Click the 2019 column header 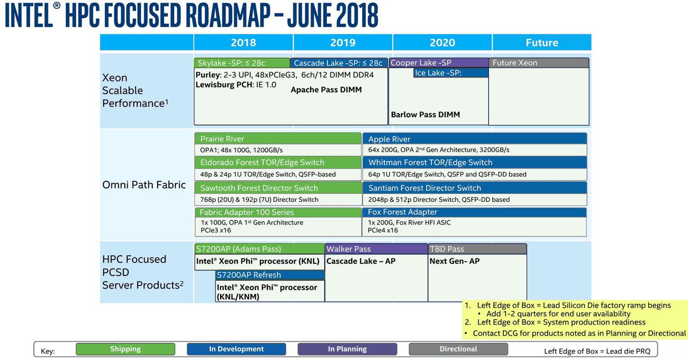pyautogui.click(x=343, y=42)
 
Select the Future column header pyautogui.click(x=542, y=42)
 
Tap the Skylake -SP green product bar pyautogui.click(x=242, y=63)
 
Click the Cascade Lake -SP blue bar pyautogui.click(x=339, y=63)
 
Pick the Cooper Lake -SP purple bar pyautogui.click(x=439, y=62)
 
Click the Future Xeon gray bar pyautogui.click(x=539, y=62)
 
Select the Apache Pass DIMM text pyautogui.click(x=326, y=89)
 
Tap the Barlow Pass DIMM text pyautogui.click(x=426, y=114)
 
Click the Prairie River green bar pyautogui.click(x=278, y=138)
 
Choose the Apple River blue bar pyautogui.click(x=475, y=138)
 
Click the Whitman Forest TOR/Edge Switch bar pyautogui.click(x=475, y=163)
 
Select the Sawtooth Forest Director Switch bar pyautogui.click(x=278, y=188)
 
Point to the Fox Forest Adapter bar pyautogui.click(x=475, y=212)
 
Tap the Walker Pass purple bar pyautogui.click(x=376, y=249)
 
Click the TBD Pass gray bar pyautogui.click(x=478, y=249)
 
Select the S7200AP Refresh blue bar pyautogui.click(x=270, y=275)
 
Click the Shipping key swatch pyautogui.click(x=125, y=349)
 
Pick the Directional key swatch pyautogui.click(x=458, y=349)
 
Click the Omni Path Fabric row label pyautogui.click(x=143, y=185)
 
